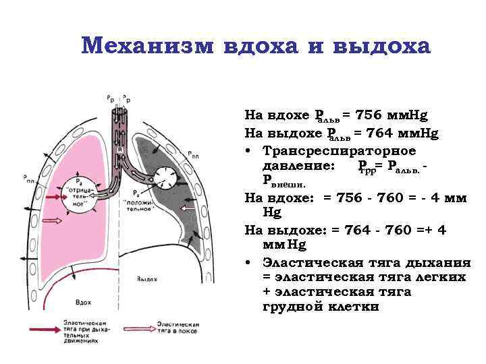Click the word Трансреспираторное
click(x=340, y=150)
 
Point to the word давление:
click(x=297, y=165)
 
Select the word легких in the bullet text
click(x=438, y=277)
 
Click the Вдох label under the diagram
click(x=86, y=304)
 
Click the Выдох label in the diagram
click(x=146, y=278)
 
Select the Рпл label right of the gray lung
click(x=194, y=153)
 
